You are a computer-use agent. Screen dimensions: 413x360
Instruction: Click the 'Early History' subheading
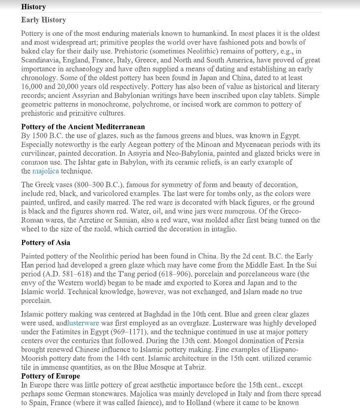click(x=43, y=20)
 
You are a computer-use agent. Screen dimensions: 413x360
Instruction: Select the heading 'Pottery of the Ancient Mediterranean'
click(x=83, y=127)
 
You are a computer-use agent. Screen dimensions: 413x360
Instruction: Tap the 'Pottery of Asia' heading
click(x=46, y=242)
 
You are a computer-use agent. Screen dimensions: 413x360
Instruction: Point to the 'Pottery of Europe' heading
click(x=51, y=376)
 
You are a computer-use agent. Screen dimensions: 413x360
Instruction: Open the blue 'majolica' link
click(x=46, y=171)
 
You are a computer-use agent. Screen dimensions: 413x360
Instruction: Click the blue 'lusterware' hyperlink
click(x=83, y=323)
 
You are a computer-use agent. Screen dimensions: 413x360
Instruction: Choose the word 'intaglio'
click(x=221, y=229)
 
